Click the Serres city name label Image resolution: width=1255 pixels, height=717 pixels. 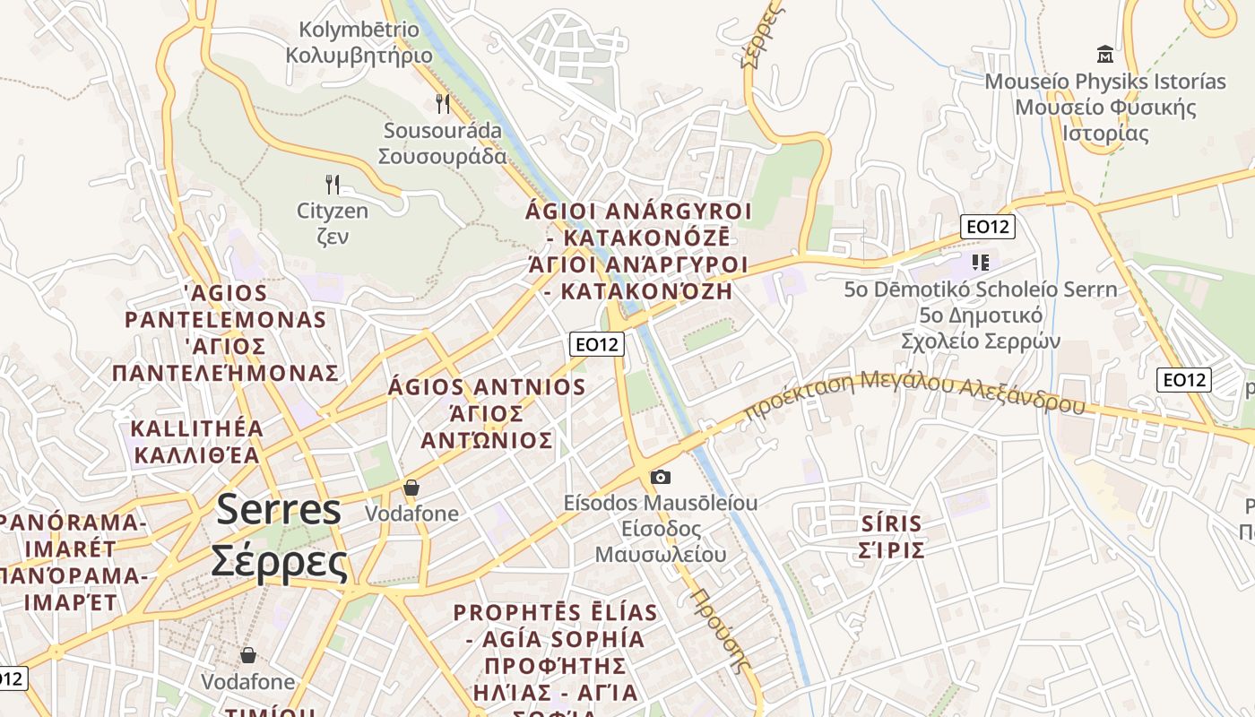pyautogui.click(x=279, y=535)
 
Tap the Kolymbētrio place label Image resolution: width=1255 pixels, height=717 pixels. pyautogui.click(x=359, y=42)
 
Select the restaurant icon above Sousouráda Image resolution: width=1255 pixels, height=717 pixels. pyautogui.click(x=443, y=103)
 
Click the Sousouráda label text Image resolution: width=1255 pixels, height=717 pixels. pyautogui.click(x=443, y=143)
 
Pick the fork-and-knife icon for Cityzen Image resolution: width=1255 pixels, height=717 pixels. pyautogui.click(x=333, y=185)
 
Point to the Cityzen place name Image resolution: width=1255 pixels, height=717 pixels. pyautogui.click(x=333, y=223)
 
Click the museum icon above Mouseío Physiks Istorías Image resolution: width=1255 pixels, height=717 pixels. pyautogui.click(x=1105, y=55)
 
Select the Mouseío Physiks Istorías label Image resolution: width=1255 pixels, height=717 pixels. pyautogui.click(x=1105, y=108)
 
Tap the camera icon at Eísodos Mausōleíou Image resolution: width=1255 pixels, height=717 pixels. pyautogui.click(x=661, y=477)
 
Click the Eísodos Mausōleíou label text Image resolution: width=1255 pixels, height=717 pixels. pyautogui.click(x=661, y=528)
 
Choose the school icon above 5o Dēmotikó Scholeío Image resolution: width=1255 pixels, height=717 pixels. pyautogui.click(x=981, y=263)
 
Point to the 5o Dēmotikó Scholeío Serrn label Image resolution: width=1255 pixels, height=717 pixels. pyautogui.click(x=981, y=315)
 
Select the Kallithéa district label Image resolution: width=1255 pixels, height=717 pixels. pyautogui.click(x=197, y=441)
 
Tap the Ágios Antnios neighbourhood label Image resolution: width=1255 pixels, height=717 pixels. pyautogui.click(x=487, y=413)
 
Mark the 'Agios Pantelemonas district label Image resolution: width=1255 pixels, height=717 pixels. pyautogui.click(x=225, y=333)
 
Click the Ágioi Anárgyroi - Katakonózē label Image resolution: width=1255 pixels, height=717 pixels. pyautogui.click(x=638, y=251)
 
